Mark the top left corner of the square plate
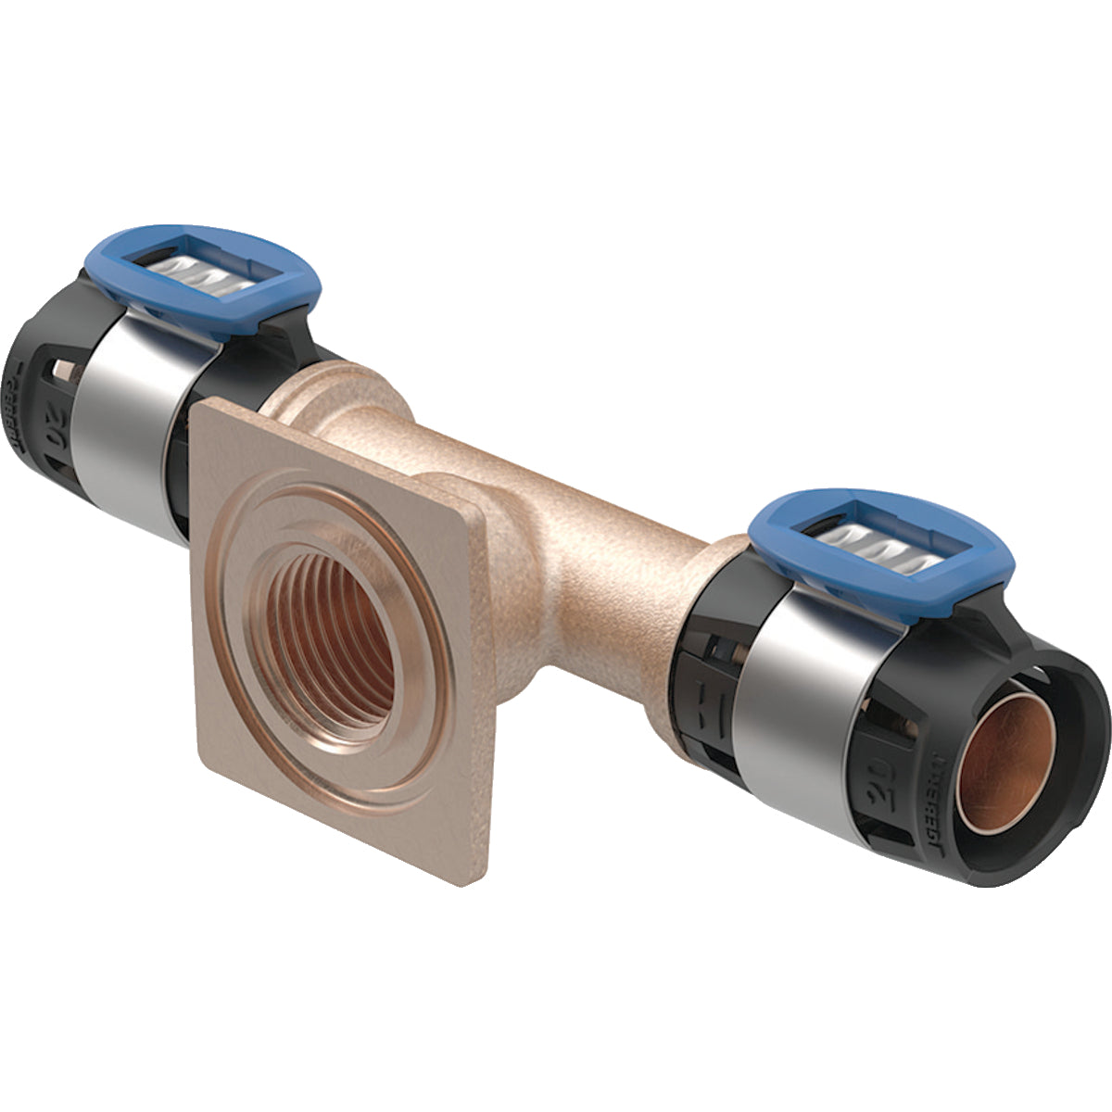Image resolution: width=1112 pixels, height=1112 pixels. click(x=200, y=404)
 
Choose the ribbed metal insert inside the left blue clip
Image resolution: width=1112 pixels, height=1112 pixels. click(x=199, y=277)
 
